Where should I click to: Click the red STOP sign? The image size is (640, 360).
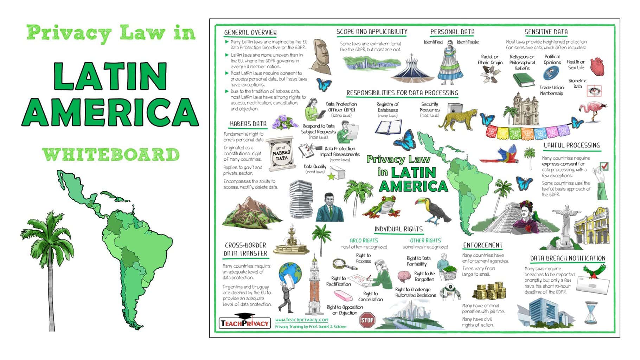(x=367, y=320)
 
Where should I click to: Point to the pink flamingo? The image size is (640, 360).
(x=594, y=109)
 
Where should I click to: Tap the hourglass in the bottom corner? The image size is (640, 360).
(x=591, y=313)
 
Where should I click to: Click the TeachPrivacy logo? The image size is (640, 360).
(x=244, y=322)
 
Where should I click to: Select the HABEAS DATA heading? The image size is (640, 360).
(x=248, y=124)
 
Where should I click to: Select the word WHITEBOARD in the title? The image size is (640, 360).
(x=111, y=155)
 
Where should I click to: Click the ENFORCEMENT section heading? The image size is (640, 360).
(x=482, y=245)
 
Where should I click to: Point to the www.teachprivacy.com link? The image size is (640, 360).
(x=301, y=320)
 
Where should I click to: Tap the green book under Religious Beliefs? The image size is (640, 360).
(x=524, y=81)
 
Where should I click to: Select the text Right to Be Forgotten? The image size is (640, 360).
(x=424, y=276)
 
